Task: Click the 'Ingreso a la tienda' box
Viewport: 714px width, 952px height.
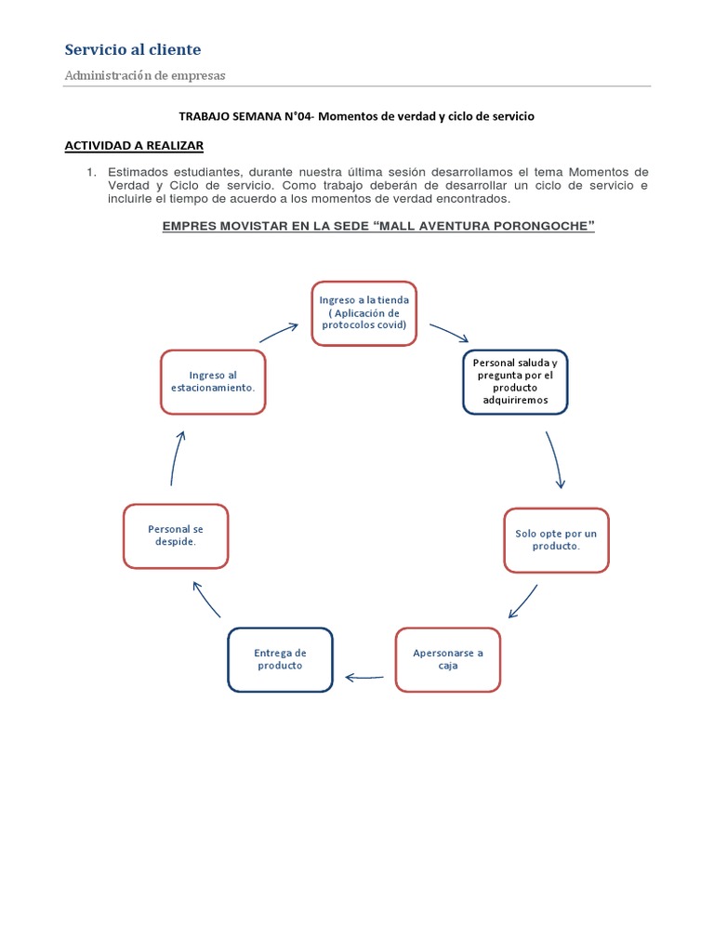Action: click(364, 313)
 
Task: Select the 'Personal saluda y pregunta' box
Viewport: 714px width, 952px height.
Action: click(515, 381)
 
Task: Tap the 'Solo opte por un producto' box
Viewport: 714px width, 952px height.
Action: click(556, 539)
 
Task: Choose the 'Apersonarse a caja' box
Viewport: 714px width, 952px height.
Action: click(448, 659)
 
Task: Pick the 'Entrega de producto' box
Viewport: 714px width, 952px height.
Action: click(280, 659)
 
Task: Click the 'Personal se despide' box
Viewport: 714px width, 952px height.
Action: click(176, 535)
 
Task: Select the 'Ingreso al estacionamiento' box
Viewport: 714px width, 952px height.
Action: click(213, 381)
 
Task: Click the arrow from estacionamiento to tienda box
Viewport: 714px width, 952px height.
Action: click(278, 332)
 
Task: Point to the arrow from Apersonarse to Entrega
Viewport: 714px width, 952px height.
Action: click(364, 678)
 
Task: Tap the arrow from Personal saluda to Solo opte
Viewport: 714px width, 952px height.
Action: click(555, 458)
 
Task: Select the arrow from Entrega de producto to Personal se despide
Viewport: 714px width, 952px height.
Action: click(205, 599)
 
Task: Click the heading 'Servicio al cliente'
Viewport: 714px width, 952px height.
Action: click(132, 49)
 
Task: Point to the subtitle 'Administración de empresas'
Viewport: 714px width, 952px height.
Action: click(144, 75)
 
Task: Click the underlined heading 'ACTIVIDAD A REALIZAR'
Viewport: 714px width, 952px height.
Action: click(133, 146)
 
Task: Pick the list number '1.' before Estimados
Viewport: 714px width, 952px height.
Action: click(91, 172)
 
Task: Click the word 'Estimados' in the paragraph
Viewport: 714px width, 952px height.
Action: click(138, 172)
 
